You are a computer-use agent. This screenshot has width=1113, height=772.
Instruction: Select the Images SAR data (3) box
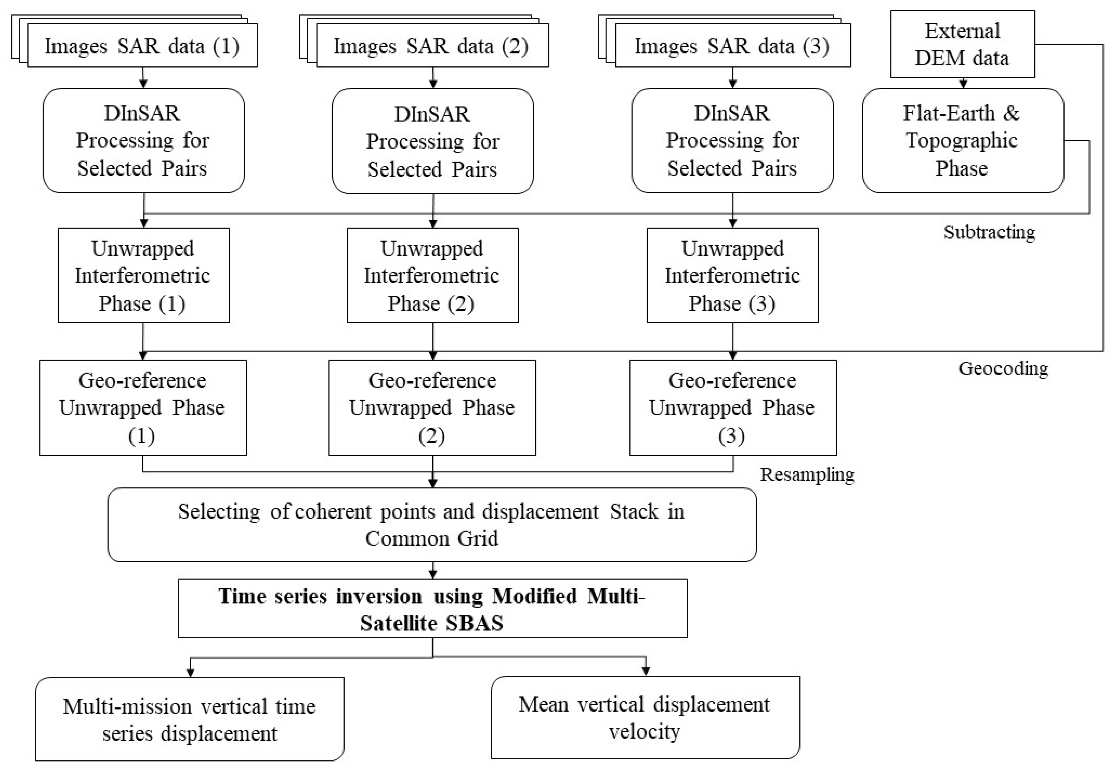pos(732,46)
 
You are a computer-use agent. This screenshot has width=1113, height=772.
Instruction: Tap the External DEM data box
pos(962,45)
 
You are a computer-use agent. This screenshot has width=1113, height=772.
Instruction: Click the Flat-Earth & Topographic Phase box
pos(962,140)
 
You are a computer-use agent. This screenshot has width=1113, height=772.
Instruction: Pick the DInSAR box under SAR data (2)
pos(432,141)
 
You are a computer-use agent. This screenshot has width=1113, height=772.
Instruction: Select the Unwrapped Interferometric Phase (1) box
pos(143,275)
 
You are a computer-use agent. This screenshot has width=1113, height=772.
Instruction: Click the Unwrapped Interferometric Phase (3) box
pos(732,275)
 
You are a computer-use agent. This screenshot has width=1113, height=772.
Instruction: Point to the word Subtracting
pos(989,232)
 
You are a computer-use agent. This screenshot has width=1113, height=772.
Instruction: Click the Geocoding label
pos(1003,369)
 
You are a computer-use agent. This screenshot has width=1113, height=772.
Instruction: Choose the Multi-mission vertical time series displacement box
pos(189,719)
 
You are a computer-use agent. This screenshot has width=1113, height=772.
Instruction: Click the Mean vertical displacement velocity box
pos(645,717)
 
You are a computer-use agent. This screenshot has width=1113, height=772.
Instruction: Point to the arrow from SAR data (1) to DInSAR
pos(143,77)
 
